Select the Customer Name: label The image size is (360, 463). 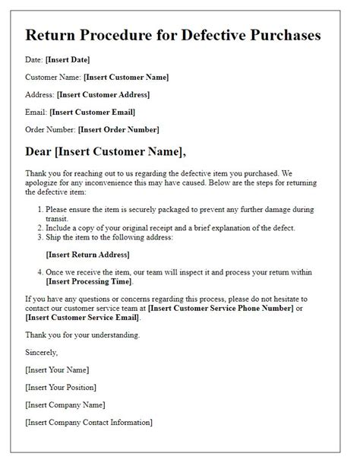coord(52,77)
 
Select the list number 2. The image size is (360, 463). coord(39,228)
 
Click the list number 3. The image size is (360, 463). coord(39,238)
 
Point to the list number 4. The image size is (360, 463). coord(39,272)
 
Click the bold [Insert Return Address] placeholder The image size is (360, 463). coord(87,255)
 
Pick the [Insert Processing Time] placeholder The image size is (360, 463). coord(92,282)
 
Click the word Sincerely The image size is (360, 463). coord(43,354)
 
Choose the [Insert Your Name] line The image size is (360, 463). coord(57,370)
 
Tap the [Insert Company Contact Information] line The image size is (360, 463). coord(89,422)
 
